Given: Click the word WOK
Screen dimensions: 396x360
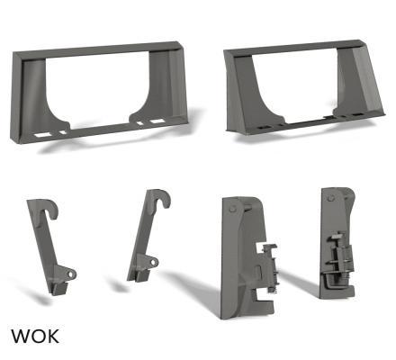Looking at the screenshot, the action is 35,337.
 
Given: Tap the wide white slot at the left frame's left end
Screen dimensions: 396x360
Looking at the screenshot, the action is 43,135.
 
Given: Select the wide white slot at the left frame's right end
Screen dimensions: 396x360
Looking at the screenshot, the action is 157,121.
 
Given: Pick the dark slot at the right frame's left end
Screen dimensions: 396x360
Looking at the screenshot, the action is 264,128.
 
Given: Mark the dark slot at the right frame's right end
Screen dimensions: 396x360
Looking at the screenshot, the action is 357,114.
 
